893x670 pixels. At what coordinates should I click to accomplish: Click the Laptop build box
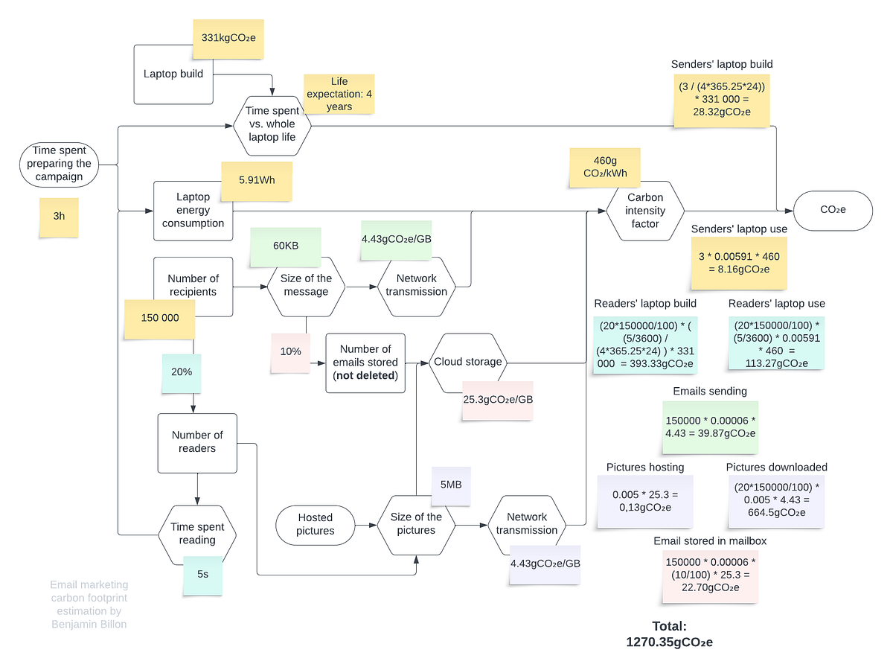(x=172, y=74)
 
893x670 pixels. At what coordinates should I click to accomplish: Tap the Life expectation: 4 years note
(x=339, y=94)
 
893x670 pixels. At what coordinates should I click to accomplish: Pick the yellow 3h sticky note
(x=59, y=217)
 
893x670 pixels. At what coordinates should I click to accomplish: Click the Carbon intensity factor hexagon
(x=645, y=211)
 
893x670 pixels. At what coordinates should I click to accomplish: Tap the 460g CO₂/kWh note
(x=605, y=167)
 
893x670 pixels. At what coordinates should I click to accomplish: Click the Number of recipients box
(x=193, y=285)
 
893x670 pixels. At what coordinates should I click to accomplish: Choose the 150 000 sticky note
(x=160, y=318)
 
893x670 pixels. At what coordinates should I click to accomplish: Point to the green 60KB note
(x=286, y=246)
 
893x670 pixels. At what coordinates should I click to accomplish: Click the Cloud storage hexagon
(x=468, y=362)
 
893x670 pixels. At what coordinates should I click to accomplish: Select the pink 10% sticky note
(x=290, y=351)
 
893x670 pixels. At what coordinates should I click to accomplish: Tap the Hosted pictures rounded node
(x=315, y=524)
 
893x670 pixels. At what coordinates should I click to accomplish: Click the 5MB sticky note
(x=451, y=485)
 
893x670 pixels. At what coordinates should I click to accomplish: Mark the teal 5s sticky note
(x=202, y=575)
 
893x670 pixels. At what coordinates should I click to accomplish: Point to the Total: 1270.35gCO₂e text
(x=669, y=634)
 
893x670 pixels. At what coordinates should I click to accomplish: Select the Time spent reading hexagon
(x=197, y=533)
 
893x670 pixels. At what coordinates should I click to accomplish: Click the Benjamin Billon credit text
(x=89, y=605)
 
